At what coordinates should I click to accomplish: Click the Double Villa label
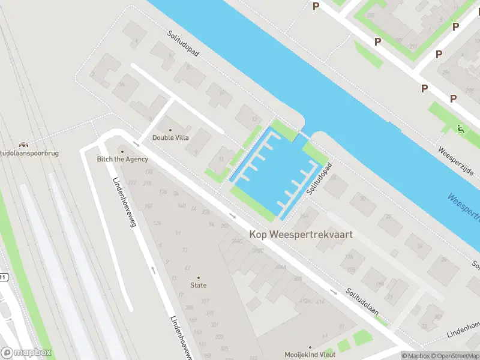[170, 137]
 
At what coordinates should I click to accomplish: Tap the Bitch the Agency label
[122, 159]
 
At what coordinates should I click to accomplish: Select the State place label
[199, 286]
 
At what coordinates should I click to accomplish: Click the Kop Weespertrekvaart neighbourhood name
[301, 235]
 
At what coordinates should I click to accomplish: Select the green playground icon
[461, 128]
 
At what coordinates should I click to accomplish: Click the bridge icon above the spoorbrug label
[23, 145]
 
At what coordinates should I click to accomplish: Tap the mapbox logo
[26, 353]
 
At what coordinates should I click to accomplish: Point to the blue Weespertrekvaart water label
[463, 206]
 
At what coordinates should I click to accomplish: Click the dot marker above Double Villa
[170, 130]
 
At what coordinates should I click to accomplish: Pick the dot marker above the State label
[199, 278]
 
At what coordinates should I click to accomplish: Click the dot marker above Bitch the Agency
[122, 151]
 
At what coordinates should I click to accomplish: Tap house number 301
[439, 317]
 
